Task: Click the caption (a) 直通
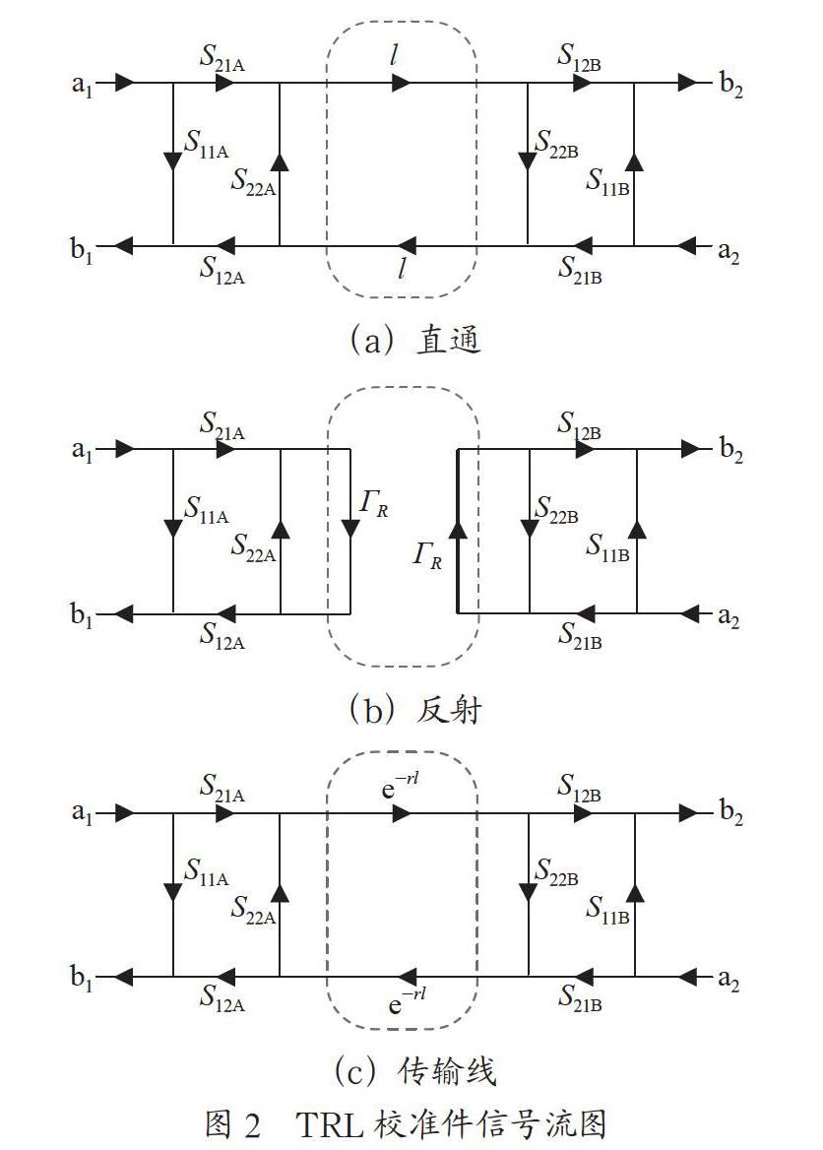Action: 414,341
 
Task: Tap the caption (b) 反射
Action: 414,709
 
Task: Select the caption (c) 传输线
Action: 415,1071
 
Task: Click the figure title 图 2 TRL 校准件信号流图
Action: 406,1123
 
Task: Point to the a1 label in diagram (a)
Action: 82,85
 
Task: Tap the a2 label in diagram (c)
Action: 728,979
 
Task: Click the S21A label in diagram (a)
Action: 222,59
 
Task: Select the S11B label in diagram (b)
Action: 607,546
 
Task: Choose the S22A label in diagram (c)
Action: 253,910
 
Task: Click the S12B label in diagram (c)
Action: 580,788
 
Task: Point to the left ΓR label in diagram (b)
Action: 373,504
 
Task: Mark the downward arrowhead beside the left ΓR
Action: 349,528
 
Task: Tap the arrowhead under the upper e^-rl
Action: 402,812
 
